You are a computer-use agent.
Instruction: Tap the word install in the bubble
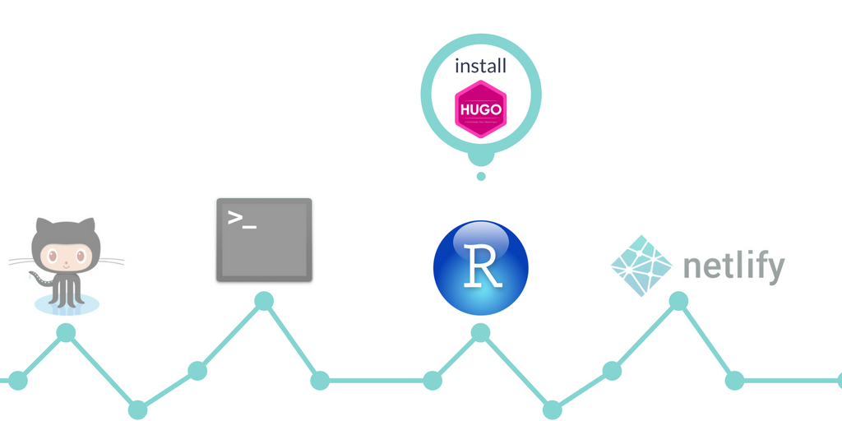point(480,67)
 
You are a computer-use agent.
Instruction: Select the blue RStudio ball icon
point(480,267)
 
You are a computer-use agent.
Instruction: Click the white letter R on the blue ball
point(481,266)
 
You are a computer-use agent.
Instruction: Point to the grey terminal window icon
point(264,239)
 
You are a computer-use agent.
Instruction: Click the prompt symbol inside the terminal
point(242,219)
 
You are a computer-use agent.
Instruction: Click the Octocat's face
point(66,256)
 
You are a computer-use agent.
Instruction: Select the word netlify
point(733,267)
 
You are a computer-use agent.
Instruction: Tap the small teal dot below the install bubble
point(481,176)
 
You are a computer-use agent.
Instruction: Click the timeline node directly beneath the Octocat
point(66,333)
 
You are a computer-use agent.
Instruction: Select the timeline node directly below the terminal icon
point(264,301)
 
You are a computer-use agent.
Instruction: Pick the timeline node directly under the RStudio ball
point(480,333)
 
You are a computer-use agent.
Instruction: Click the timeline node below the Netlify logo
point(678,301)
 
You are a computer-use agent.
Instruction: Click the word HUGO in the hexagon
point(480,109)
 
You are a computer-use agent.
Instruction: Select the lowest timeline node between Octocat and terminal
point(138,409)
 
